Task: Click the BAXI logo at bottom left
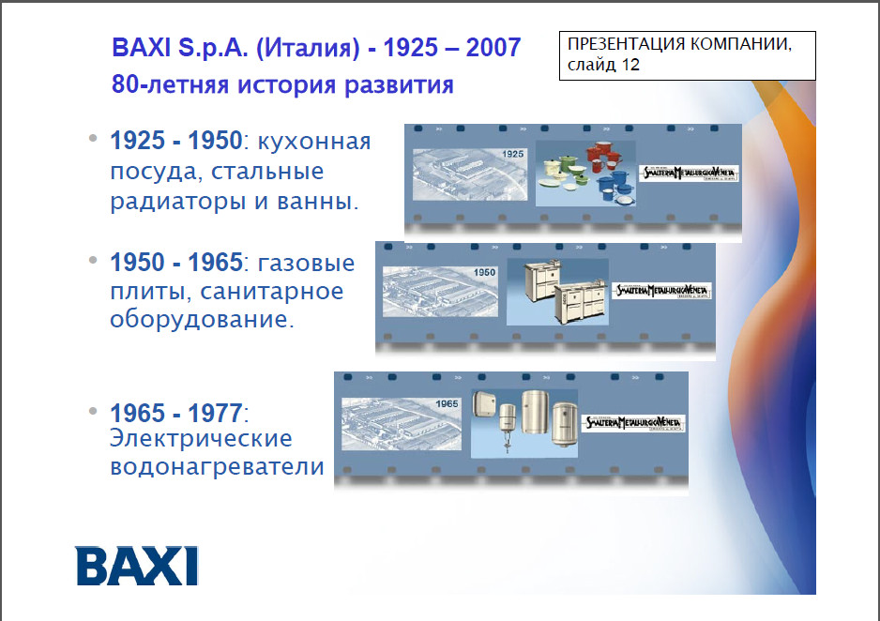(x=137, y=565)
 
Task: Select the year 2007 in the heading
(x=489, y=48)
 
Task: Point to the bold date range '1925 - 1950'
(x=176, y=142)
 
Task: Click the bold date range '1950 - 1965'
(x=176, y=261)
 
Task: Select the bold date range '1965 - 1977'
(x=176, y=412)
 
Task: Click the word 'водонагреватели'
(x=217, y=465)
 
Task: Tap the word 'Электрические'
(x=202, y=438)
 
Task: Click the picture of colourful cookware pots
(x=585, y=173)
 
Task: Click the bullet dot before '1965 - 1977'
(x=93, y=412)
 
